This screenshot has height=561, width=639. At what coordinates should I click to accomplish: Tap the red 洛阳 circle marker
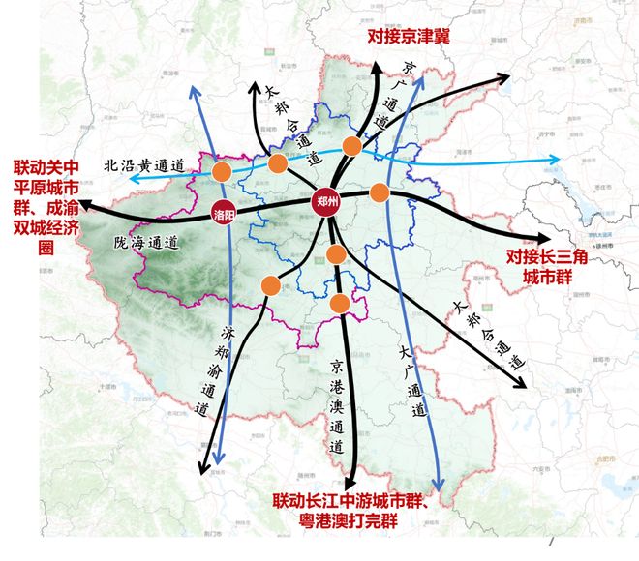coord(223,214)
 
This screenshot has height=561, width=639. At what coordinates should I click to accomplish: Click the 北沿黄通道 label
coord(145,165)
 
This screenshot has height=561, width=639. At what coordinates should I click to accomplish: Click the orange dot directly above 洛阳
coord(223,172)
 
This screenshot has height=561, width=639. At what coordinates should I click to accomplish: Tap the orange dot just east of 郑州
coord(379,192)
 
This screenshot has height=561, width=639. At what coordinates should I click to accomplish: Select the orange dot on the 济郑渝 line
coord(270,285)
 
